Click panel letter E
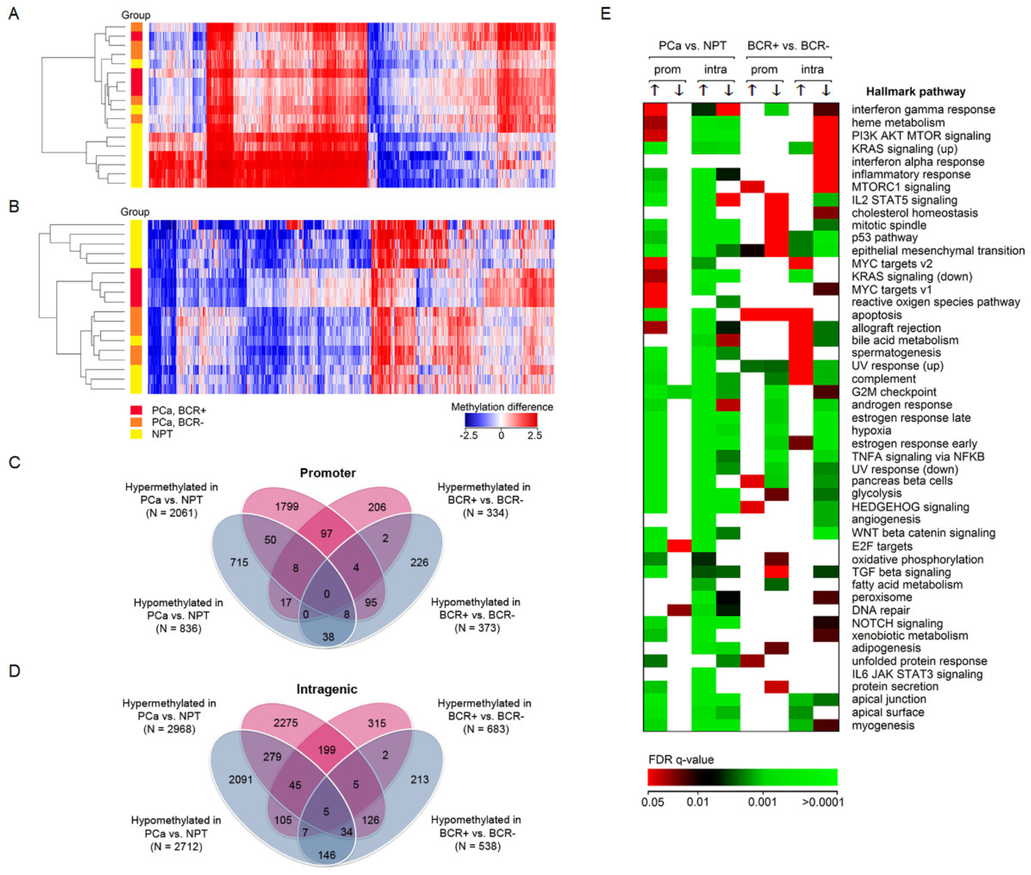point(605,14)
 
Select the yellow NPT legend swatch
point(136,434)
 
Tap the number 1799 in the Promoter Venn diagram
point(287,507)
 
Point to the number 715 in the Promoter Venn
point(239,562)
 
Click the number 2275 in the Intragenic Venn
point(286,723)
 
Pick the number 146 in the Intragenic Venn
point(327,855)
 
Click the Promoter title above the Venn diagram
point(328,473)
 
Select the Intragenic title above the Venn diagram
point(327,689)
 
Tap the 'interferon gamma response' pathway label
point(923,110)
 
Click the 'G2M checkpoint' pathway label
point(894,392)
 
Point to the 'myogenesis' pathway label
point(883,725)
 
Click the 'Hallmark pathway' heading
point(915,92)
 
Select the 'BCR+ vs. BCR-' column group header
point(788,46)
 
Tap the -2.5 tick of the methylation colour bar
point(469,436)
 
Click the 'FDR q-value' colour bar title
point(681,759)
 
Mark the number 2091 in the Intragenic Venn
point(241,779)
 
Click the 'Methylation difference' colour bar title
point(502,407)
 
